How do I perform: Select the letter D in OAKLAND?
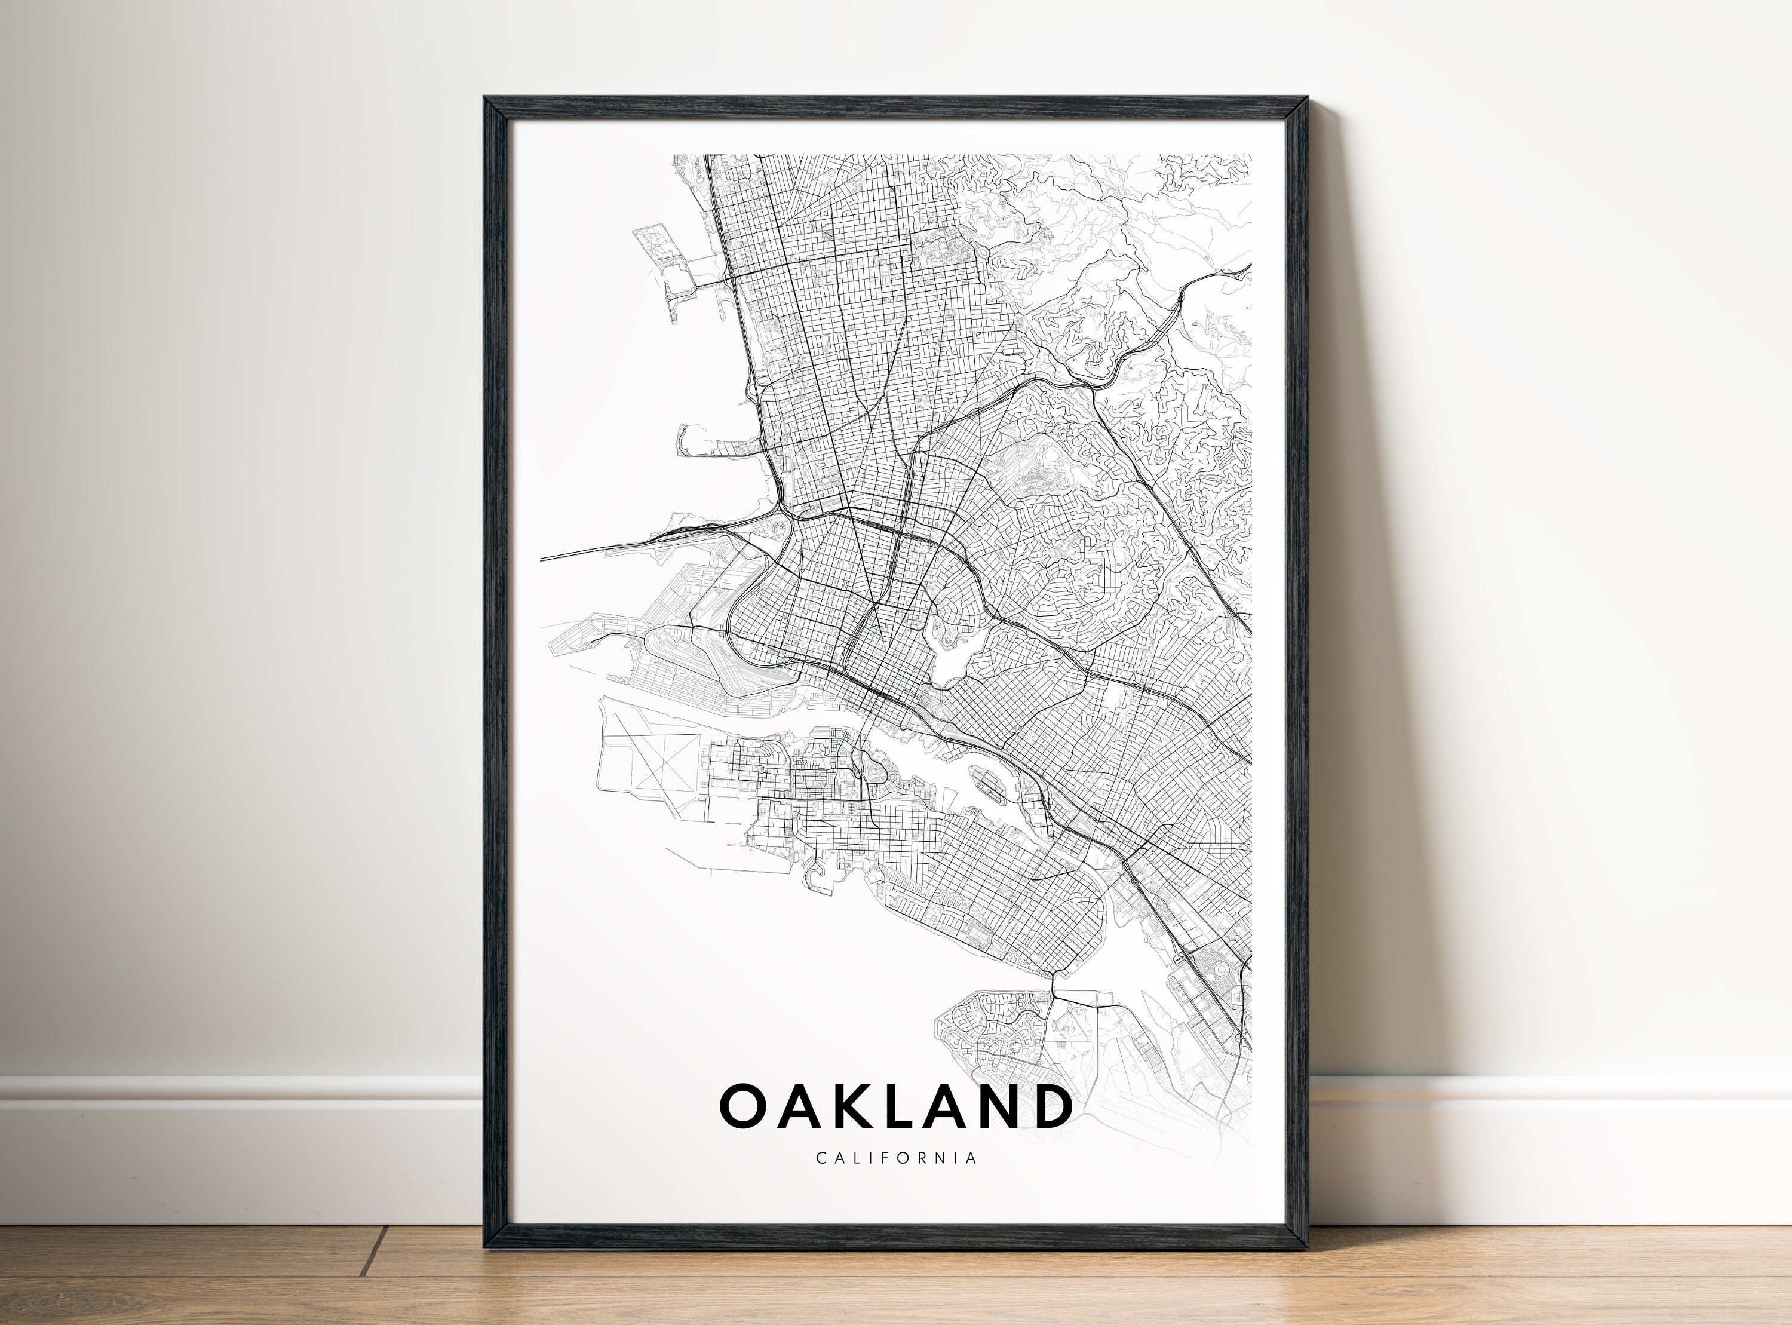[1049, 1106]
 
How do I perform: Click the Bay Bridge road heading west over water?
[609, 548]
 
